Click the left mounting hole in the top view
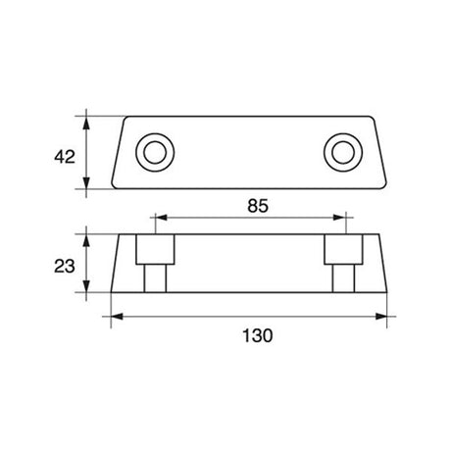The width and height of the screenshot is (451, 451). tap(153, 153)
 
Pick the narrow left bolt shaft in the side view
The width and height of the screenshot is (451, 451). tap(153, 280)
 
